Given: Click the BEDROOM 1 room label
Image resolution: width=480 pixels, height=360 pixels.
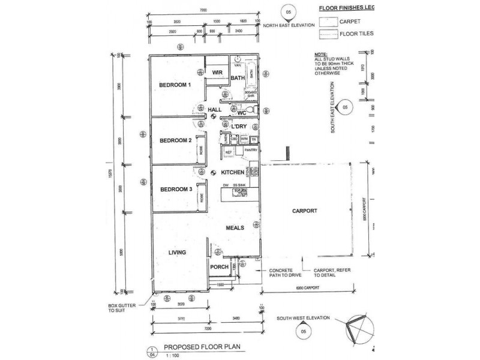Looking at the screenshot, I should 175,85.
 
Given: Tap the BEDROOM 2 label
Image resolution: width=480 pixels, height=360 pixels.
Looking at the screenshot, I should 175,140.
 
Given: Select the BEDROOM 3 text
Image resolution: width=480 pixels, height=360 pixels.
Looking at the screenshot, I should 175,190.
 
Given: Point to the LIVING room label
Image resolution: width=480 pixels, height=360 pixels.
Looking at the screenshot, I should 178,253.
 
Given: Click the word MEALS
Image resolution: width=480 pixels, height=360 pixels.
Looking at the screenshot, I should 234,229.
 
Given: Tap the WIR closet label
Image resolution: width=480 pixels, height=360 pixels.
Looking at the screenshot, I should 217,73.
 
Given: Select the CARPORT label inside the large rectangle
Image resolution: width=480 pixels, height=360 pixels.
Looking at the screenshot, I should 304,211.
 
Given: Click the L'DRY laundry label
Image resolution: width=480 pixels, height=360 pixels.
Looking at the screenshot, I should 239,127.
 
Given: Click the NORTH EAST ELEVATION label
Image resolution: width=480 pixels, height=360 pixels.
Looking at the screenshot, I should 290,25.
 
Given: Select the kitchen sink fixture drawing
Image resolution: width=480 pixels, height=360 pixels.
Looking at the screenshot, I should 242,192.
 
